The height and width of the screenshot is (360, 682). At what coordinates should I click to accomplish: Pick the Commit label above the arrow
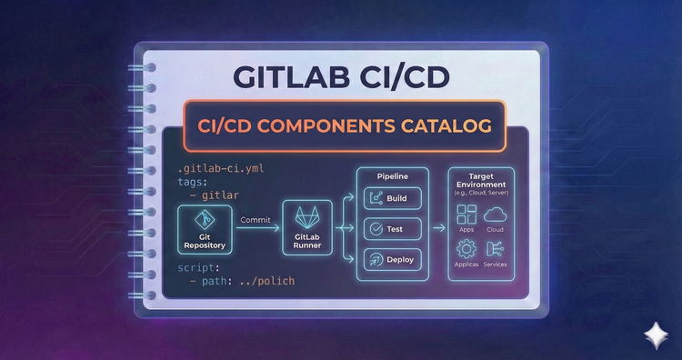click(x=256, y=219)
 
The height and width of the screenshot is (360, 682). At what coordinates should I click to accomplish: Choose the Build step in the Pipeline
click(x=394, y=198)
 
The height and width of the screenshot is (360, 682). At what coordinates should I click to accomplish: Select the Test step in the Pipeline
click(x=394, y=228)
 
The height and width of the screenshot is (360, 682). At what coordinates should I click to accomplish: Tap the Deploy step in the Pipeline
click(x=394, y=259)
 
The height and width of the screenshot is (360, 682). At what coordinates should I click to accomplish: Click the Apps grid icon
click(x=467, y=215)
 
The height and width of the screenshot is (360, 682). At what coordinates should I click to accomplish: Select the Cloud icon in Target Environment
click(x=496, y=215)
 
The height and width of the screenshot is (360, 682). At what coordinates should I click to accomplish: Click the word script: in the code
click(x=198, y=268)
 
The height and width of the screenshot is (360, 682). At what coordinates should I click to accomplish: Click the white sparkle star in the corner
click(x=653, y=334)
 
